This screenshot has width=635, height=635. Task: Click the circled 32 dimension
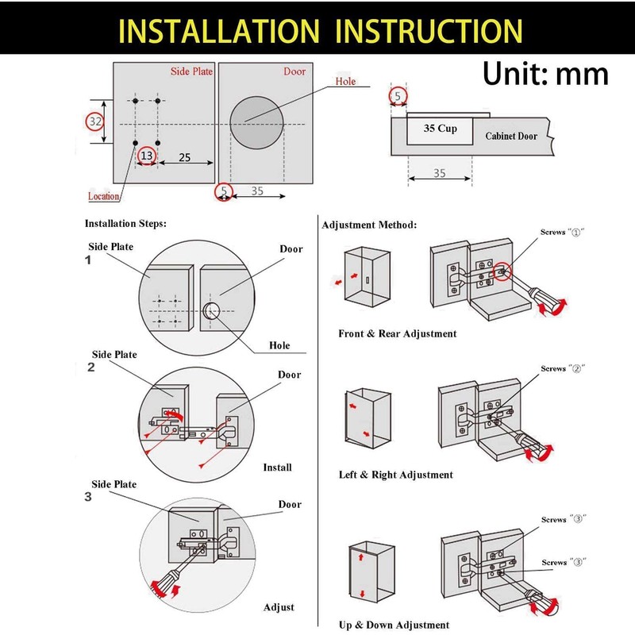tap(95, 122)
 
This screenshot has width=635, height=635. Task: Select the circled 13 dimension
tap(147, 156)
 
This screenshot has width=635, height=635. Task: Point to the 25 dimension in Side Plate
tap(184, 157)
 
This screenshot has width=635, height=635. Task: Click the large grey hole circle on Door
tap(258, 124)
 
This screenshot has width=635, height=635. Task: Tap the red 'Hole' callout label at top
tap(345, 82)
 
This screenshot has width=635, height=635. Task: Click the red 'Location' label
tap(103, 196)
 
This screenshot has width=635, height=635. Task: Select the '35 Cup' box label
tap(439, 128)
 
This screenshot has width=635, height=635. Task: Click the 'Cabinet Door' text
tap(511, 136)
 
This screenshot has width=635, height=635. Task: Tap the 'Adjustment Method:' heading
tap(368, 225)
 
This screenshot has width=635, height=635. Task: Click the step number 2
tap(90, 368)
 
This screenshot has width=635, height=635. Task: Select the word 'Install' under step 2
tap(277, 468)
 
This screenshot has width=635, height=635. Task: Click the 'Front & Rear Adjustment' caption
tap(398, 334)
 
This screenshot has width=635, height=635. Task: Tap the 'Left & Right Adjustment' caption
tap(395, 475)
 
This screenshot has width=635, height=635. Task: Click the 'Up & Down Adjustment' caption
tap(394, 625)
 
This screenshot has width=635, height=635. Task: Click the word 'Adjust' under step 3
tap(279, 607)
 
